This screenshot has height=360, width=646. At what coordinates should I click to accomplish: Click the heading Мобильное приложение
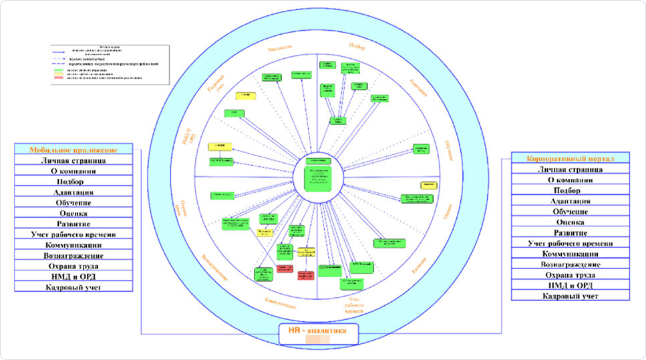point(73,150)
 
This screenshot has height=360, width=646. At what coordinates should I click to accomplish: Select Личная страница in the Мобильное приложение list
point(73,160)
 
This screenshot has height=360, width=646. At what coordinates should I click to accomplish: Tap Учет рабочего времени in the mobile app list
point(73,234)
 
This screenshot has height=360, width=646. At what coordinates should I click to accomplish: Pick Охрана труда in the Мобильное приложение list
point(73,265)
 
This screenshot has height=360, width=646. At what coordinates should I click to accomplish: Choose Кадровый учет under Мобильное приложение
point(73,287)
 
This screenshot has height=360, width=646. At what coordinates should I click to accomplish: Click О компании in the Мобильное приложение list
point(73,171)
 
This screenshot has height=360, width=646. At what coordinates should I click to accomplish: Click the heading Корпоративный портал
point(570,158)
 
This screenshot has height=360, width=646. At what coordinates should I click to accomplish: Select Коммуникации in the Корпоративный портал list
point(570,254)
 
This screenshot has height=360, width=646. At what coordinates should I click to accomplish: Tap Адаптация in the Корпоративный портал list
point(570,201)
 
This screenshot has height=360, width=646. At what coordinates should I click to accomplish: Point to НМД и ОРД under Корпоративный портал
point(570,285)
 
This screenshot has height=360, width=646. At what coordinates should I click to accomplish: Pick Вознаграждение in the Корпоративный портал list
point(570,264)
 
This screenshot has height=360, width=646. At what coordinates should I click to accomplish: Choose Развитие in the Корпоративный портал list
point(570,232)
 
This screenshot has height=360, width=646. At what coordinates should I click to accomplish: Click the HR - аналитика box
point(319,331)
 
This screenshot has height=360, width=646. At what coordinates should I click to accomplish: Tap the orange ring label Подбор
point(358,45)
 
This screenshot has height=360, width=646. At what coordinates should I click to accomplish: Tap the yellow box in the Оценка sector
point(428,184)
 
